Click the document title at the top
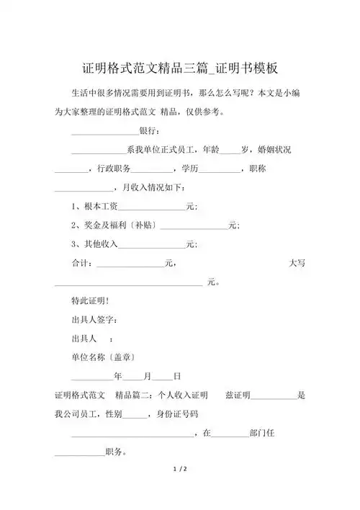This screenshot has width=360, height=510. coord(180,69)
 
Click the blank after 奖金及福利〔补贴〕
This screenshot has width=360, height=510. coord(194,226)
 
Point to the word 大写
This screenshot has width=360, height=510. coord(297,264)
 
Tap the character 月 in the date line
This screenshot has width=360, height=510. coord(148,376)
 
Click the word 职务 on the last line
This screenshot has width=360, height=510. coord(116,452)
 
